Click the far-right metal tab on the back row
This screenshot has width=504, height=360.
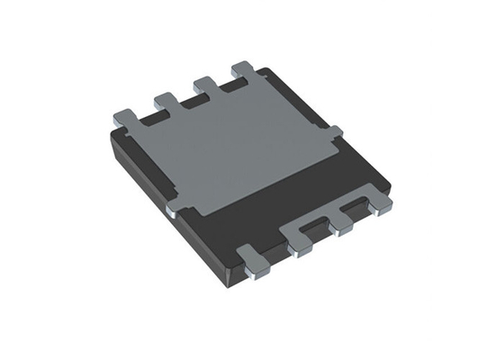[244, 69]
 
